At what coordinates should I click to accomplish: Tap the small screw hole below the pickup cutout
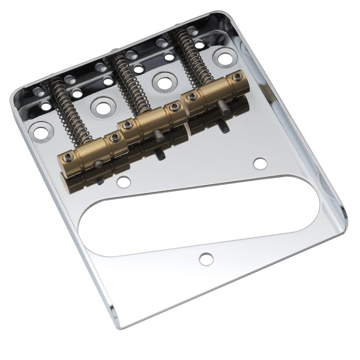pyautogui.click(x=206, y=259)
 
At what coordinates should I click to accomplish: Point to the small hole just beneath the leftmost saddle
pyautogui.click(x=123, y=182)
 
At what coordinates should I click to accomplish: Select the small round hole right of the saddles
pyautogui.click(x=260, y=163)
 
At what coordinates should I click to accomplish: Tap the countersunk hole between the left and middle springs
pyautogui.click(x=102, y=107)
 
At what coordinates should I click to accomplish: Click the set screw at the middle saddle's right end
pyautogui.click(x=173, y=107)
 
